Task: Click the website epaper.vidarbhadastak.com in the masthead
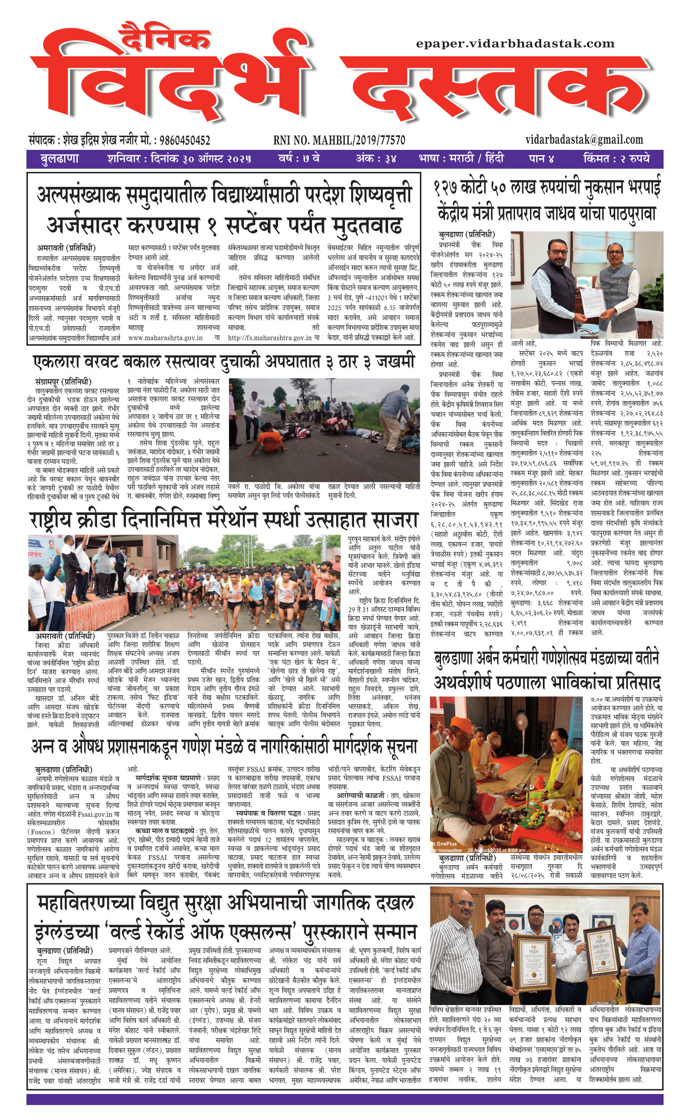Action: [x=515, y=44]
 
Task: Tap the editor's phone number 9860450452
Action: [x=185, y=140]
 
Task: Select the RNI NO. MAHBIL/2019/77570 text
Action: [x=339, y=140]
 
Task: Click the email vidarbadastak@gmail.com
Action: [x=584, y=140]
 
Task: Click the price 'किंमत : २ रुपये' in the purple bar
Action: [x=616, y=159]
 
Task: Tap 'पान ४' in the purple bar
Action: [x=541, y=159]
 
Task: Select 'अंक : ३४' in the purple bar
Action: [x=375, y=159]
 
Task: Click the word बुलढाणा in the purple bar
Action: [x=60, y=159]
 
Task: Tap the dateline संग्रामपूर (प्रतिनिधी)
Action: [x=63, y=381]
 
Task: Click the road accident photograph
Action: [x=324, y=429]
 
